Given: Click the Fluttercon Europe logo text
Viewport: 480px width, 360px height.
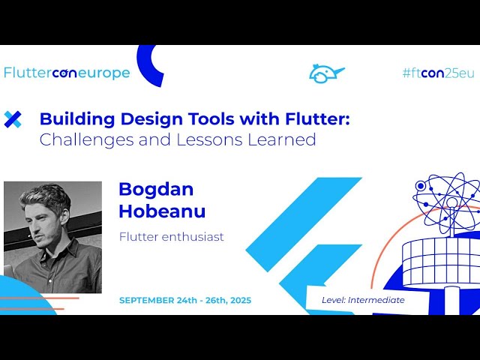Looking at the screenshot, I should (x=67, y=73).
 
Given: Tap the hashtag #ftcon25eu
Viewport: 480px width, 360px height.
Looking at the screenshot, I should (x=438, y=73).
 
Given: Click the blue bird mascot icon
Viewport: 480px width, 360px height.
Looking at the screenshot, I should (x=325, y=73).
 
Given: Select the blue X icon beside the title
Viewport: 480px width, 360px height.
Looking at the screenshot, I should (x=13, y=118).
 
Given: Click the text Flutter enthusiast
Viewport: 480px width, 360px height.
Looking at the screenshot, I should (x=171, y=237).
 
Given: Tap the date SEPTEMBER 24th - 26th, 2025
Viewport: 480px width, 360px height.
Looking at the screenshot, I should (x=184, y=300).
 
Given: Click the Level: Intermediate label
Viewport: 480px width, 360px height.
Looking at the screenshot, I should (x=363, y=300).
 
